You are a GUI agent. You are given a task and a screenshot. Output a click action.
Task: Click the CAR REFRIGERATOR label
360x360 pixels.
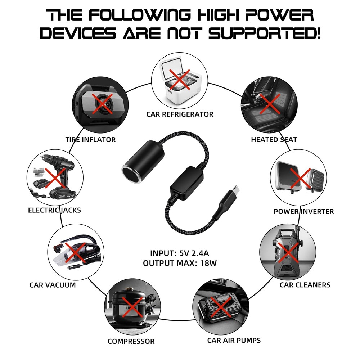point(180,114)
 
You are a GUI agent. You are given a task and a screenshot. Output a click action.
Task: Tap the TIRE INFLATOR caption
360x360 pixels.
point(90,140)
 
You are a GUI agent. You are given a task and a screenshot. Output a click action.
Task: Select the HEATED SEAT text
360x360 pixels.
point(274,140)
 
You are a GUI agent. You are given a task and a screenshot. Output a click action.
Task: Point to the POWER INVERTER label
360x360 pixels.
point(303,211)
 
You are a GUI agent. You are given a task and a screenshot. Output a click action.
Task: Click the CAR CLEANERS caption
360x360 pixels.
point(305,285)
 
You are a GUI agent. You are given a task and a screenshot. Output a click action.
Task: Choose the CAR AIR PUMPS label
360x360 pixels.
point(234,340)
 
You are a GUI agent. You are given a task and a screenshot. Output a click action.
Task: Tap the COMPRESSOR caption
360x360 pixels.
point(131,341)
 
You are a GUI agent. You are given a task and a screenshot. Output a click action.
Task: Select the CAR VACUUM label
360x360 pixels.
point(53,285)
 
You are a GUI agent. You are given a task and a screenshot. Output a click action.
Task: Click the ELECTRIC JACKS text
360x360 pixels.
point(54,210)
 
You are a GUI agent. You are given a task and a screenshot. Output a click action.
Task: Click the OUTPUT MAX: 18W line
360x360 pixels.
point(180,263)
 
